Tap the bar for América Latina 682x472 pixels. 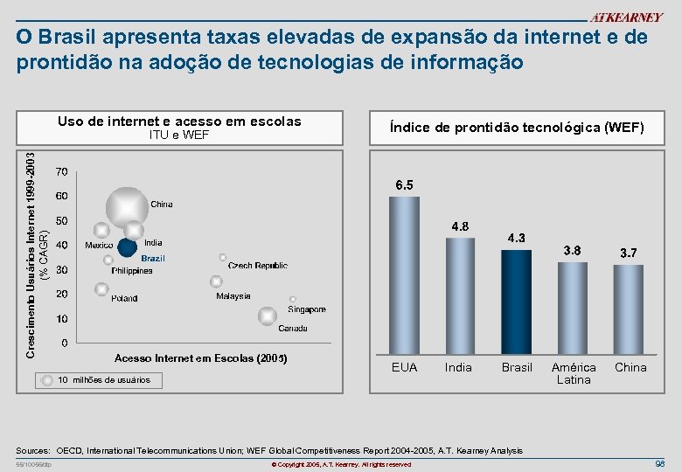click(572, 306)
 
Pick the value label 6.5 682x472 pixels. click(404, 185)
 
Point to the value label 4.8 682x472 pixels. click(460, 226)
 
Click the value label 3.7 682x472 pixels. click(628, 253)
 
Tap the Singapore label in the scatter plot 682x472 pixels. click(306, 309)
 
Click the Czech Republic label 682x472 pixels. click(257, 265)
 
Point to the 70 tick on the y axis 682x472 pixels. click(62, 170)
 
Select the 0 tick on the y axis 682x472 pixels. click(65, 344)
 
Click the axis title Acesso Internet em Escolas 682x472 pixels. click(200, 358)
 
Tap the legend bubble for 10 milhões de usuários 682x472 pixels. click(46, 380)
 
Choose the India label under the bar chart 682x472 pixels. click(458, 367)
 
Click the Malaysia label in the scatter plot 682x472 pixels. click(233, 296)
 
